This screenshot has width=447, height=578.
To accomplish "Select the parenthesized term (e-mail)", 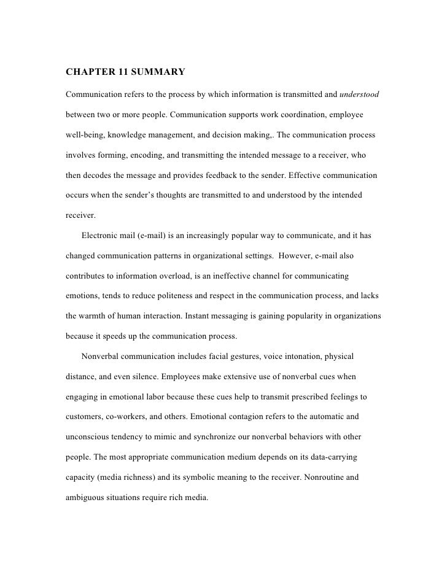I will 158,235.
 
